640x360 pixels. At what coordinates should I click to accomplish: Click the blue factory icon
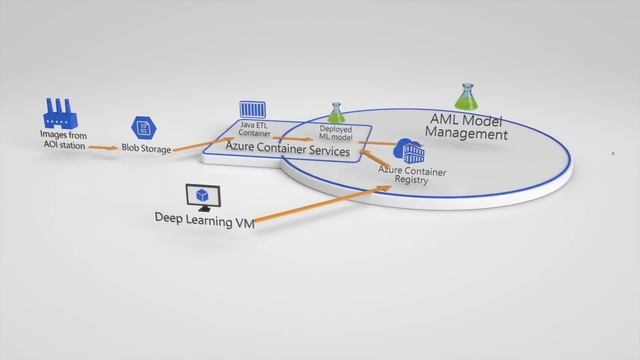(60, 111)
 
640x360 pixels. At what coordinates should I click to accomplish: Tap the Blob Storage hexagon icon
(141, 128)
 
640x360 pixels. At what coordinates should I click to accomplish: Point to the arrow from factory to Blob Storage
(103, 148)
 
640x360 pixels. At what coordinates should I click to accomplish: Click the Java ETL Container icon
(251, 110)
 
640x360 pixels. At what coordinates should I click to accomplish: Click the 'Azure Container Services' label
(287, 151)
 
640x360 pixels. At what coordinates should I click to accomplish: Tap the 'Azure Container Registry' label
(412, 176)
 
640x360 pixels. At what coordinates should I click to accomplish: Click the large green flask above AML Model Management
(466, 96)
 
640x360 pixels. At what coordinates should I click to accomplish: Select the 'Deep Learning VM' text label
(204, 218)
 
